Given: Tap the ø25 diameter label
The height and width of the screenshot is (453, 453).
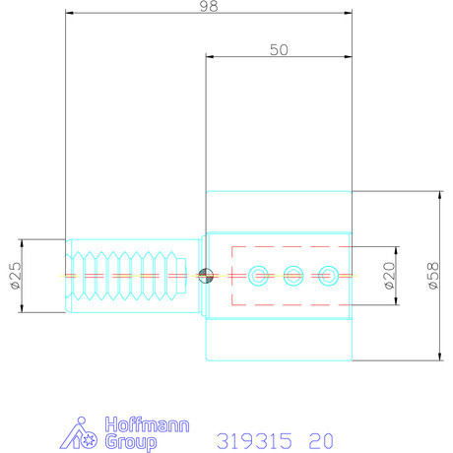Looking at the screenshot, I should [x=15, y=277].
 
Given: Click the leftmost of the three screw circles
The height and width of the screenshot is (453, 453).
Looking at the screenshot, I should [x=259, y=275].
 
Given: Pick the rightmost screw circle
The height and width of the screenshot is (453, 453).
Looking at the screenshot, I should [x=327, y=275].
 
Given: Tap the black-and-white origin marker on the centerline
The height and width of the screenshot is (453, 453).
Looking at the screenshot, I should [x=206, y=276].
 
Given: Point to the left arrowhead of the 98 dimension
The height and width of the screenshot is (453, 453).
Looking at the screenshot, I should [x=69, y=14].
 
